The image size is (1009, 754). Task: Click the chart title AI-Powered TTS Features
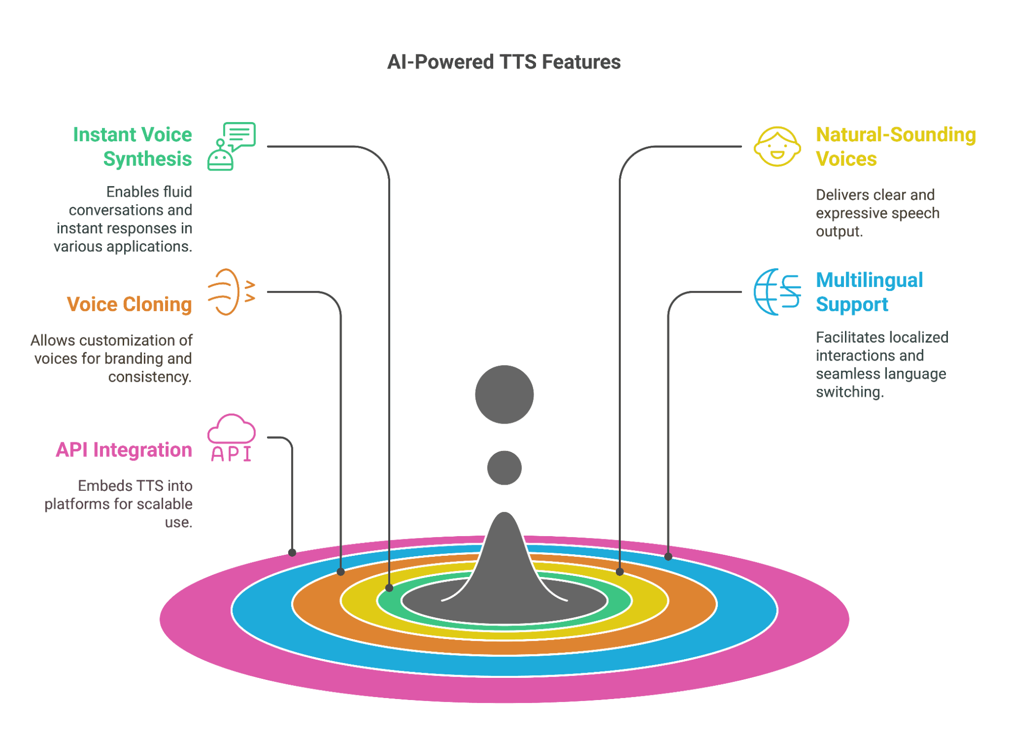tap(504, 62)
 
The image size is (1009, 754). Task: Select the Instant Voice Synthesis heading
tap(132, 146)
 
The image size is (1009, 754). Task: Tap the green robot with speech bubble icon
tap(231, 146)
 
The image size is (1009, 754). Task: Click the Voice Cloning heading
tap(129, 304)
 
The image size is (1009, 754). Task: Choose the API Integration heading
tap(124, 449)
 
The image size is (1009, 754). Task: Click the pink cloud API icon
tap(231, 438)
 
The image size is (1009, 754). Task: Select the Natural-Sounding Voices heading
tap(895, 146)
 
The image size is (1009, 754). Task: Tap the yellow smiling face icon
tap(777, 146)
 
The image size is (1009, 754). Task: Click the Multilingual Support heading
tap(869, 292)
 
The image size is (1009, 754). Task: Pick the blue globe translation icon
tap(777, 292)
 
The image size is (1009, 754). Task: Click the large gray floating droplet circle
tap(504, 394)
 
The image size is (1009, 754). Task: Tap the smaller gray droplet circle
tap(504, 468)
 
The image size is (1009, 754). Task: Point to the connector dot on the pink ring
tap(292, 553)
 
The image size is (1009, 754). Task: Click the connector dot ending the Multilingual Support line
tap(668, 557)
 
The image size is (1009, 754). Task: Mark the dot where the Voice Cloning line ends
tap(341, 572)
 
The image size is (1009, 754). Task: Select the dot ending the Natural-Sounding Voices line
tap(620, 572)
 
